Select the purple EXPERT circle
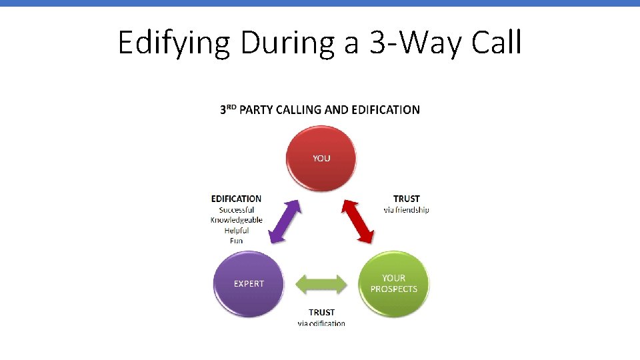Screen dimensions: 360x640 point(249,284)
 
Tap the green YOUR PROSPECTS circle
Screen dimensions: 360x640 point(394,284)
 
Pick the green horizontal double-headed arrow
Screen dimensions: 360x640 point(321,285)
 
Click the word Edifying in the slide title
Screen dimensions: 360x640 point(175,43)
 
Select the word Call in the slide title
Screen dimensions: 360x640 point(497,43)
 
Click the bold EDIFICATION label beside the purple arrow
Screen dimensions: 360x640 point(236,199)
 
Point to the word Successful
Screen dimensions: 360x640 point(237,210)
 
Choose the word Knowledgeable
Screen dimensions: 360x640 point(237,220)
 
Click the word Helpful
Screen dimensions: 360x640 point(237,231)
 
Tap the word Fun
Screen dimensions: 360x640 point(237,241)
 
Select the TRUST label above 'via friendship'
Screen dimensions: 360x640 point(407,199)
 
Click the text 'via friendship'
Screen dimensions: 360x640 point(407,209)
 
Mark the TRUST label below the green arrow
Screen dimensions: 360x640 point(321,312)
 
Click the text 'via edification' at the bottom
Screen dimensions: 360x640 point(321,323)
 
